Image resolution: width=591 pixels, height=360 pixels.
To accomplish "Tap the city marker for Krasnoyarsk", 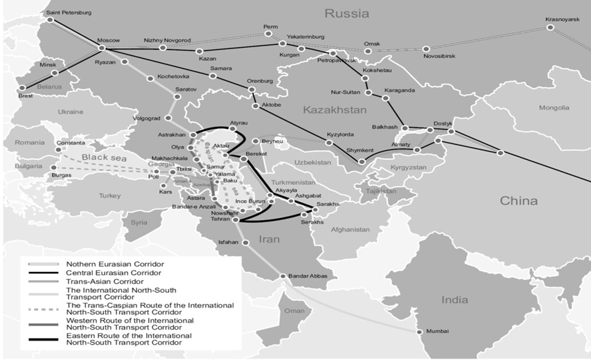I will [550, 28].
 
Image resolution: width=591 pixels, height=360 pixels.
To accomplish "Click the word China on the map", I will [518, 201].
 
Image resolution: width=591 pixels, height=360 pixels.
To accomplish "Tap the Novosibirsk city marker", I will [425, 49].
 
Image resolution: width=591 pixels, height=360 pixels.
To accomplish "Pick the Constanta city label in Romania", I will [72, 143].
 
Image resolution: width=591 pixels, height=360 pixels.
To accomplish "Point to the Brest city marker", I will [21, 88].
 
